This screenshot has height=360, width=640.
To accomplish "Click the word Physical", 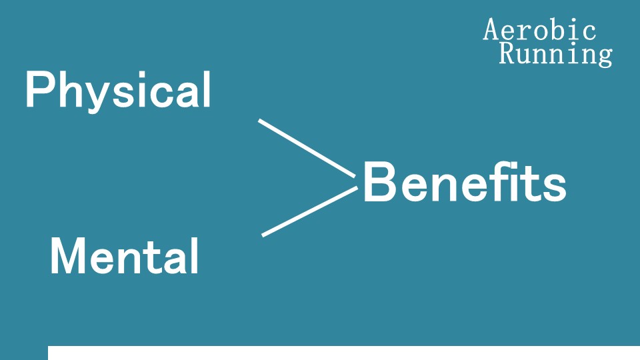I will pyautogui.click(x=118, y=91).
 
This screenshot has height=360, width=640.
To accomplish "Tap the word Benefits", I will pyautogui.click(x=464, y=182).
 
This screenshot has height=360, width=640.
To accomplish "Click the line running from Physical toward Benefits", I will pyautogui.click(x=307, y=148).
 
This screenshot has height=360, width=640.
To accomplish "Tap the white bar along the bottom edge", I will pyautogui.click(x=343, y=353).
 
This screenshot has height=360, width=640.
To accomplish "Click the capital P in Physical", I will pyautogui.click(x=37, y=91).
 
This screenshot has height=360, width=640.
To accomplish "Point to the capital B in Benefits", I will pyautogui.click(x=378, y=182).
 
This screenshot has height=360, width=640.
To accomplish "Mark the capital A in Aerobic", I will pyautogui.click(x=492, y=30).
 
